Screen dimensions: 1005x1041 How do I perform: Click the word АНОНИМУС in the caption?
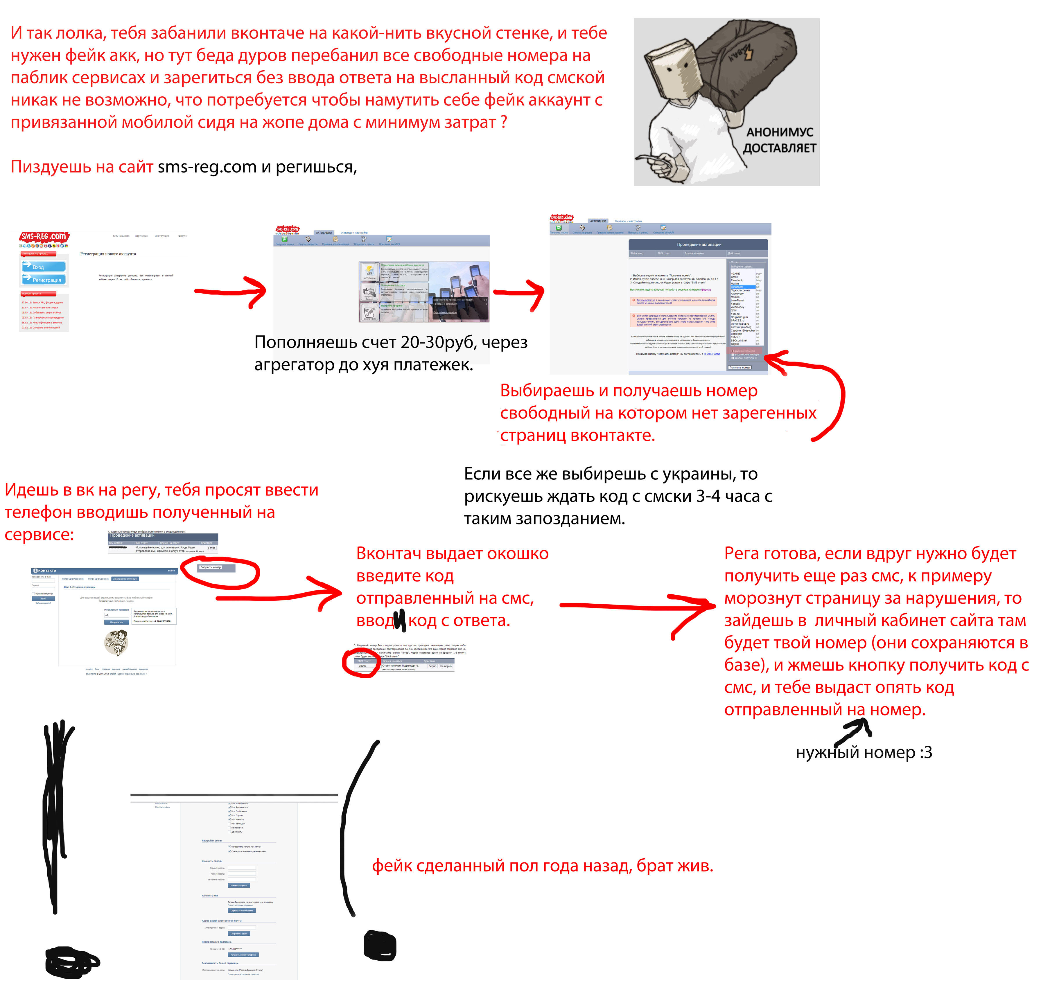[780, 132]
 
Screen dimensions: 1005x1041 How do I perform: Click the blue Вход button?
[44, 267]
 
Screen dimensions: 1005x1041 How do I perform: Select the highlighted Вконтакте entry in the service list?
[742, 287]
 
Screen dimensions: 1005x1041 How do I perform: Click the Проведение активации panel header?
[699, 244]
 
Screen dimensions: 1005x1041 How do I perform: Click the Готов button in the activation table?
[211, 548]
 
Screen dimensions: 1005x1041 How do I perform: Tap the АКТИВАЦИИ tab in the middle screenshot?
[324, 233]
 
